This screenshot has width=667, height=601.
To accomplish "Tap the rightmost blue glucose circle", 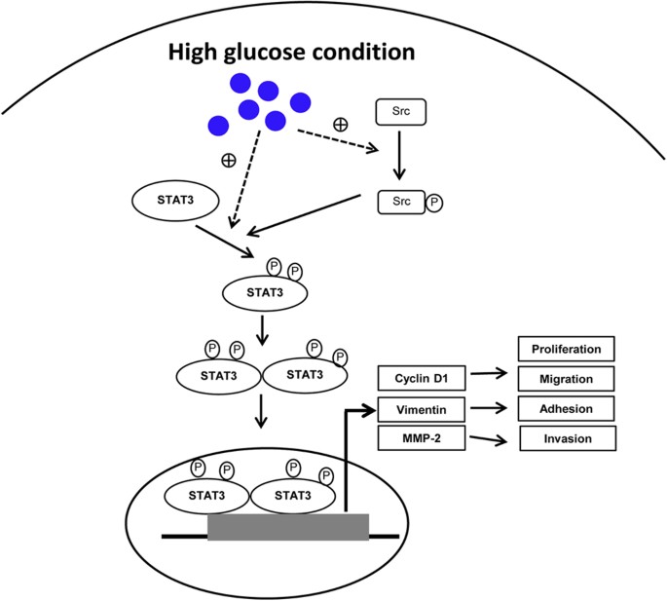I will pyautogui.click(x=300, y=101).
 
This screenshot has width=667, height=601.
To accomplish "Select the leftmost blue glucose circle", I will pyautogui.click(x=218, y=125).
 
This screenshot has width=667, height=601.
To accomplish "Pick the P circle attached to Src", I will pyautogui.click(x=434, y=203).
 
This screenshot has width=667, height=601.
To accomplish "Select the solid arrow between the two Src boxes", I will pyautogui.click(x=398, y=156).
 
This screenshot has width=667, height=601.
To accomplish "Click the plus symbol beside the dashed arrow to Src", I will pyautogui.click(x=340, y=125).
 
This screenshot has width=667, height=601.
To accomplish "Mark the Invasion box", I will pyautogui.click(x=569, y=438).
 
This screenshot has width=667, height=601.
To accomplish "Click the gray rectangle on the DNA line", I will pyautogui.click(x=288, y=526).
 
